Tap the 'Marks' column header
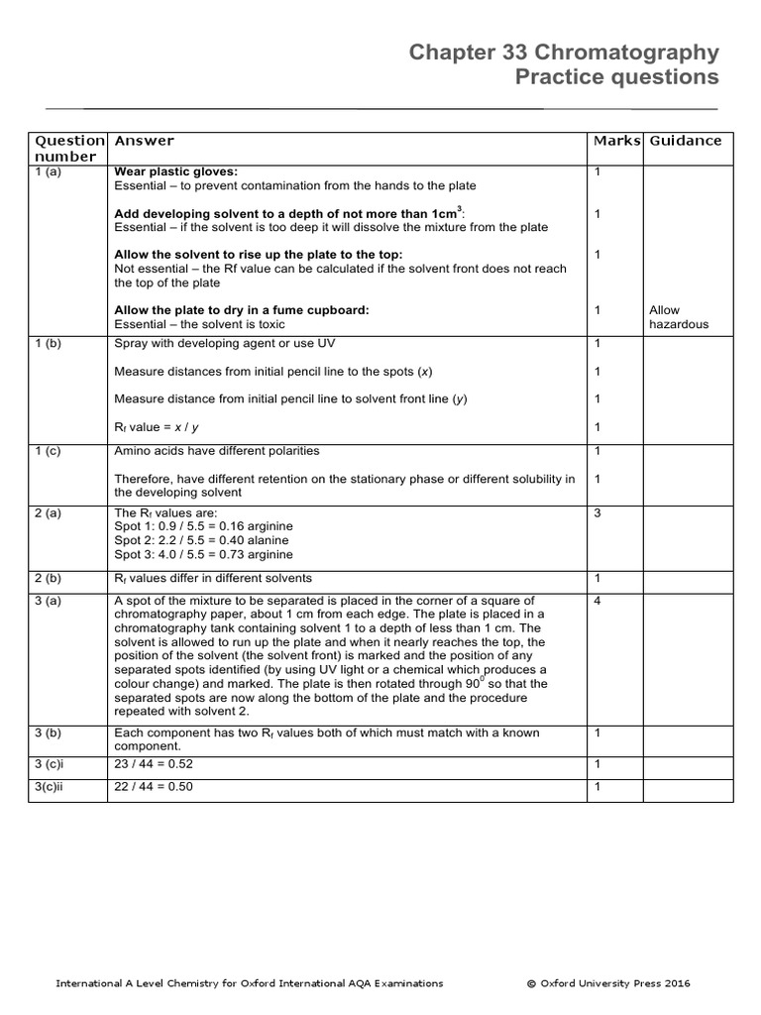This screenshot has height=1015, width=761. pyautogui.click(x=617, y=141)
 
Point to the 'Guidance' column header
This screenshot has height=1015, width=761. pyautogui.click(x=685, y=141)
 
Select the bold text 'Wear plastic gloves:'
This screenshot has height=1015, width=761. pyautogui.click(x=175, y=172)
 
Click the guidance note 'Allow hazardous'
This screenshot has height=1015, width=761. pyautogui.click(x=679, y=317)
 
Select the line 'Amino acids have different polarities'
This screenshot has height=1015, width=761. pyautogui.click(x=217, y=451)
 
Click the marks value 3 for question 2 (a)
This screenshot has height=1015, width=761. pyautogui.click(x=598, y=512)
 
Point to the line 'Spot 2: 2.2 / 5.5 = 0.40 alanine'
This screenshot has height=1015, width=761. pyautogui.click(x=202, y=540)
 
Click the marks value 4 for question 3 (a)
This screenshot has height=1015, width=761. pyautogui.click(x=598, y=601)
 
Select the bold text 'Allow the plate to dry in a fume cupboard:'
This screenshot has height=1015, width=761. pyautogui.click(x=241, y=310)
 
